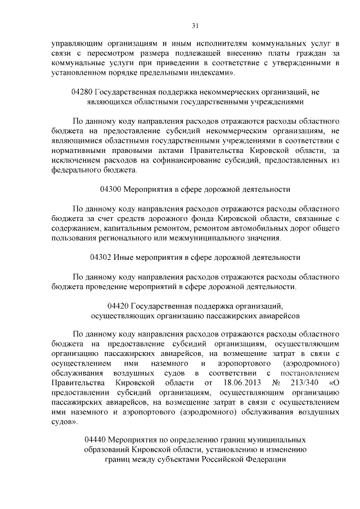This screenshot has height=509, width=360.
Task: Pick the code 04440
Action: [x=94, y=438]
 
